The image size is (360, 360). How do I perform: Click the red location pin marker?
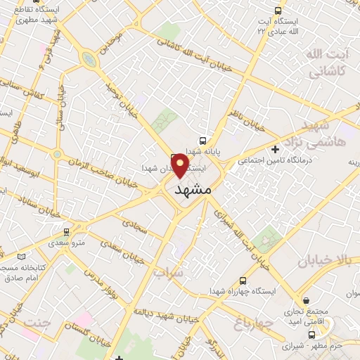pos(180,165)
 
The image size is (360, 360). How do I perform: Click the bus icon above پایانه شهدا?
pos(203,140)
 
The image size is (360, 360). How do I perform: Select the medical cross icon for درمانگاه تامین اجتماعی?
pos(275,148)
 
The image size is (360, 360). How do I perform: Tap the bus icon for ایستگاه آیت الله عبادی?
pos(278,11)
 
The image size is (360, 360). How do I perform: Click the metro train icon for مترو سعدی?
pos(67,231)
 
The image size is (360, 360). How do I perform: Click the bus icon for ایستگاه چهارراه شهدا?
pos(243,279)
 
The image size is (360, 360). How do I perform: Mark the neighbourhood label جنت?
pos(36,323)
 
